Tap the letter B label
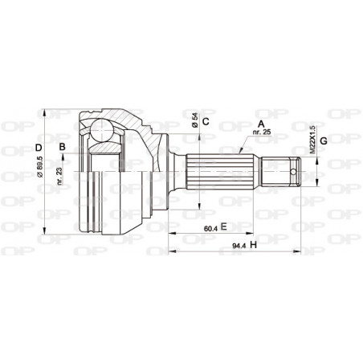coord(61,146)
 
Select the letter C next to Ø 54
coord(206,121)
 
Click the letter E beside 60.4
coord(225,227)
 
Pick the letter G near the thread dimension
coord(324,142)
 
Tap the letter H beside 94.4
coord(253,244)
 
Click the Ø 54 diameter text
coord(194,123)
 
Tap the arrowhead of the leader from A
coord(239,150)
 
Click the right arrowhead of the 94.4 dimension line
coord(303,251)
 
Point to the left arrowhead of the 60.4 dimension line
coord(170,234)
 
